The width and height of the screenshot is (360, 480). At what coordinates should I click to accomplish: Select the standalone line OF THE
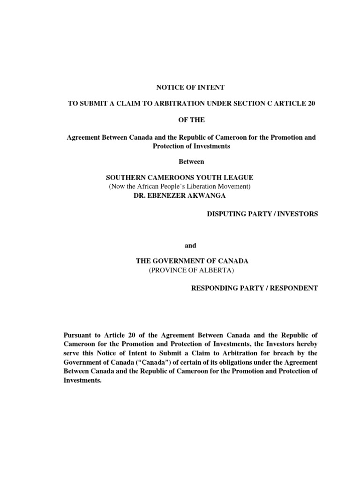[x=192, y=120]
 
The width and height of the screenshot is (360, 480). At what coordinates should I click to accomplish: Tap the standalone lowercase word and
[x=191, y=245]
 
